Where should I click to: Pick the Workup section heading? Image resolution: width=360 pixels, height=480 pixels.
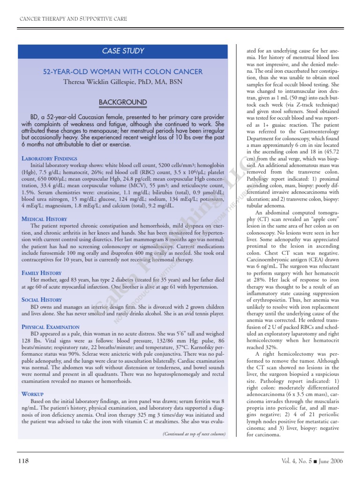(x=32, y=394)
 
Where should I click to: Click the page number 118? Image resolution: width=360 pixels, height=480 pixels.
(x=23, y=461)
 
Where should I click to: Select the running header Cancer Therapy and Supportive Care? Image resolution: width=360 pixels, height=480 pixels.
(x=73, y=19)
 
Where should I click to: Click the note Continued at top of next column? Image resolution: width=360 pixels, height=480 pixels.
(x=194, y=434)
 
